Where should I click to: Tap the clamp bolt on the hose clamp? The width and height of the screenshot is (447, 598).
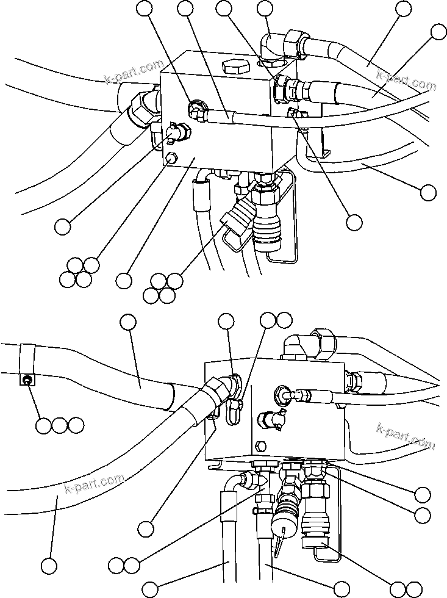tap(27, 381)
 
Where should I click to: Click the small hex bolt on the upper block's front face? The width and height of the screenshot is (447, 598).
tap(171, 160)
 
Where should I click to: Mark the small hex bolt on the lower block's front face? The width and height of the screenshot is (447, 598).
tap(260, 445)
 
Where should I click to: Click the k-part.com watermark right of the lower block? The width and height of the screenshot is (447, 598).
tap(406, 436)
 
